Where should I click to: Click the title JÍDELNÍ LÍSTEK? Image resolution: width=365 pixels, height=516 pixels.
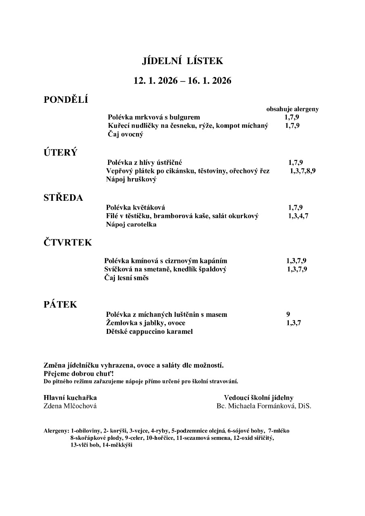click(182, 61)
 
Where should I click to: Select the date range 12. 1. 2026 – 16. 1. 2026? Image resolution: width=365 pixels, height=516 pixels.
click(182, 81)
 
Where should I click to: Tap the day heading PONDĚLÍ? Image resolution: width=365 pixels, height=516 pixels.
click(66, 100)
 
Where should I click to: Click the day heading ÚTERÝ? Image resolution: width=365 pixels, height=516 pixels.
click(60, 153)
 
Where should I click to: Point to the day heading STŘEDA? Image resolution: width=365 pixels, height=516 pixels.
click(63, 198)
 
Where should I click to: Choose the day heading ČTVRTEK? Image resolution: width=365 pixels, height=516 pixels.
click(68, 243)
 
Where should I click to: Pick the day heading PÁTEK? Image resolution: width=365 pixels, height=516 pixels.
click(60, 305)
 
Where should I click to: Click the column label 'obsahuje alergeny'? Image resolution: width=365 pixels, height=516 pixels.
click(292, 109)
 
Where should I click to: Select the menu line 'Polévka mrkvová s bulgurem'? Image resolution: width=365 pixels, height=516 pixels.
click(154, 117)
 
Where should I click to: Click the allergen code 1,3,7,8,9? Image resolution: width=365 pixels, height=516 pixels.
click(302, 171)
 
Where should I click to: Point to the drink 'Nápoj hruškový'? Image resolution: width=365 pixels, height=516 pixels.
click(131, 180)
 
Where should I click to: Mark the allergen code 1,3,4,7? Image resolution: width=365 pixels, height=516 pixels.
click(298, 216)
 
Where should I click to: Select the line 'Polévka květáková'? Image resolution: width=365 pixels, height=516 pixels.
click(136, 208)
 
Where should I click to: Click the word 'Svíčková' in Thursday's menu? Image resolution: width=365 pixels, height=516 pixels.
click(117, 269)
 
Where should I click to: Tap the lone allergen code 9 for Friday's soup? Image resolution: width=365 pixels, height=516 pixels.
click(288, 314)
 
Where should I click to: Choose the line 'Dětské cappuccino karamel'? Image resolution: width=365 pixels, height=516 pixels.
click(149, 332)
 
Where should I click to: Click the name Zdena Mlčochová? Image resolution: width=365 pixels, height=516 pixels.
click(70, 406)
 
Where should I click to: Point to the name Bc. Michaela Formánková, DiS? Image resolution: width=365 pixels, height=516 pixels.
click(264, 406)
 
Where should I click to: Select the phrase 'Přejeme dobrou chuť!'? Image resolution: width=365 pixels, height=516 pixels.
click(79, 374)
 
